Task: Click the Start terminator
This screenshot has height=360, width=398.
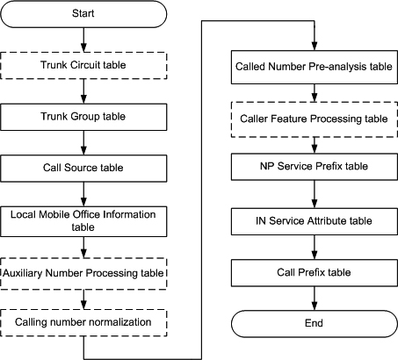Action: tap(83, 14)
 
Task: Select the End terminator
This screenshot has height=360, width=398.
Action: tap(315, 324)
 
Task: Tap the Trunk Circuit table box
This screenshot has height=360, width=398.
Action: tap(83, 66)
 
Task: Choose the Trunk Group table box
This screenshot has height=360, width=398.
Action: tap(83, 117)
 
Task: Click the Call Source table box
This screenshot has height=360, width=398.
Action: tap(83, 169)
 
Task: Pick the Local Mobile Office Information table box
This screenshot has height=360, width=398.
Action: tap(83, 221)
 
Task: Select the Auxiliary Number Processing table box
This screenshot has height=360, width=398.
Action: tap(83, 274)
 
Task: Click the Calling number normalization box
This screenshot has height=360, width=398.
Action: tap(83, 323)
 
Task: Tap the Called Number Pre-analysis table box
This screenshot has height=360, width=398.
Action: tap(315, 68)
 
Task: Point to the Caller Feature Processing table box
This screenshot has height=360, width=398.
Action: tap(315, 119)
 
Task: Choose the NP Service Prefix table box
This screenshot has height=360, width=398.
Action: tap(315, 167)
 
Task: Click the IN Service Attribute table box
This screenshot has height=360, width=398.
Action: tap(315, 221)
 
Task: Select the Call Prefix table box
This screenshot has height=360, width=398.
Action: tap(315, 273)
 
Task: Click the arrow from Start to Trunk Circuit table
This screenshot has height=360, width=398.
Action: tap(83, 40)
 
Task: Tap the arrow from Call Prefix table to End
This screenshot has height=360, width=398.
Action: tap(315, 299)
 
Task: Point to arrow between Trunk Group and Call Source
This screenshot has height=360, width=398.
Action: tap(83, 143)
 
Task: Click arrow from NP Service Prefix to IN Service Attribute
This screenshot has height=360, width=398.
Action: tap(315, 194)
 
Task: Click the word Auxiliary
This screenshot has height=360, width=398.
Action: tap(23, 273)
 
